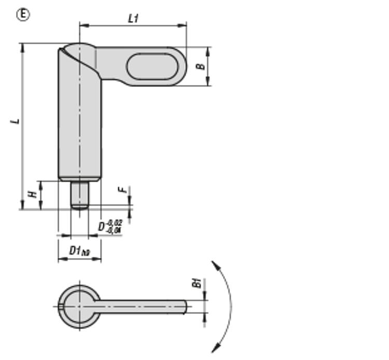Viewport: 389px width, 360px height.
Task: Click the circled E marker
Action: tap(23, 15)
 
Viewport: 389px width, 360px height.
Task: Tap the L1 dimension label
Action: tap(133, 18)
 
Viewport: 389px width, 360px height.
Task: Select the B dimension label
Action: tap(200, 66)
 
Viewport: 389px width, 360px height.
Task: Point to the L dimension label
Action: tap(16, 121)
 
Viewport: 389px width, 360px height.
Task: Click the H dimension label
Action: tap(32, 193)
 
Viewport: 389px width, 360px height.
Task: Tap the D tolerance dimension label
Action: tap(110, 226)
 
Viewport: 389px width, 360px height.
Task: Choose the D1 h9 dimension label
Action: tap(79, 251)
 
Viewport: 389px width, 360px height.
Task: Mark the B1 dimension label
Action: tap(197, 283)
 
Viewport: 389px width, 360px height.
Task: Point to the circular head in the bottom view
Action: tap(79, 306)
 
